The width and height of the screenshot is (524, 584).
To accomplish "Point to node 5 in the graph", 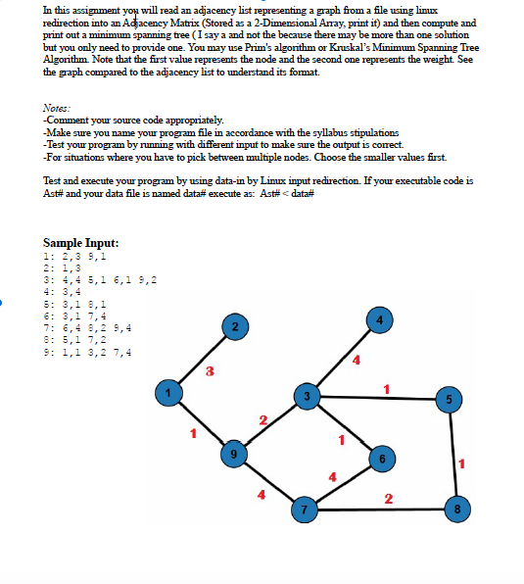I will point(450,399).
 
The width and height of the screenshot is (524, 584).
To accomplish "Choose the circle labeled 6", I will point(383,460).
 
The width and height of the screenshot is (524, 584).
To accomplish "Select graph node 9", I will point(233,454).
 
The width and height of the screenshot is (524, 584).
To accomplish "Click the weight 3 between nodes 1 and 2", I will point(209,370).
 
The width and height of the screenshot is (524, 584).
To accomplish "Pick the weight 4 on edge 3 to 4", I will point(356,364).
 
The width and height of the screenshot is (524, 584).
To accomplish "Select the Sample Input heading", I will point(81,242).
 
